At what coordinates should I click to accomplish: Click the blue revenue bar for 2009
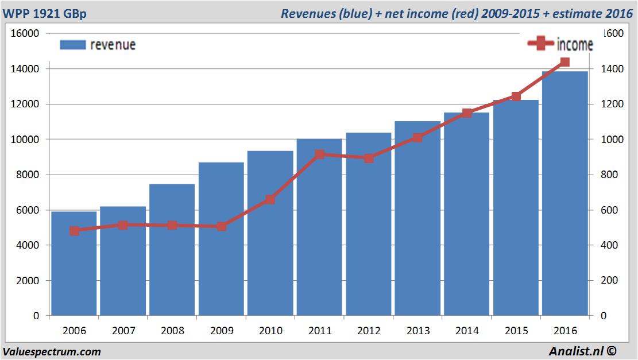click(x=221, y=241)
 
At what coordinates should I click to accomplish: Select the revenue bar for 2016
click(x=565, y=195)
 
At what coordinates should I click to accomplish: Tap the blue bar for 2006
click(x=74, y=264)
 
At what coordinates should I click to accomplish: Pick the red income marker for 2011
click(x=320, y=154)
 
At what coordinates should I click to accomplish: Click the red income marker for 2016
click(x=565, y=62)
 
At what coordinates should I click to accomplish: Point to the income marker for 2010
click(x=270, y=199)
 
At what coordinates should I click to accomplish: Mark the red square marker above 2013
click(x=417, y=138)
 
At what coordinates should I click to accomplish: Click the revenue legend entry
click(x=98, y=45)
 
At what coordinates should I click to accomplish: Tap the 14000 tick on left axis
click(x=25, y=69)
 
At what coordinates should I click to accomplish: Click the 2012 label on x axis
click(x=369, y=331)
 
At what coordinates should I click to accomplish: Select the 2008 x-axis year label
click(x=172, y=331)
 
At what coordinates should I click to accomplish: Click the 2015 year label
click(x=516, y=331)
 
